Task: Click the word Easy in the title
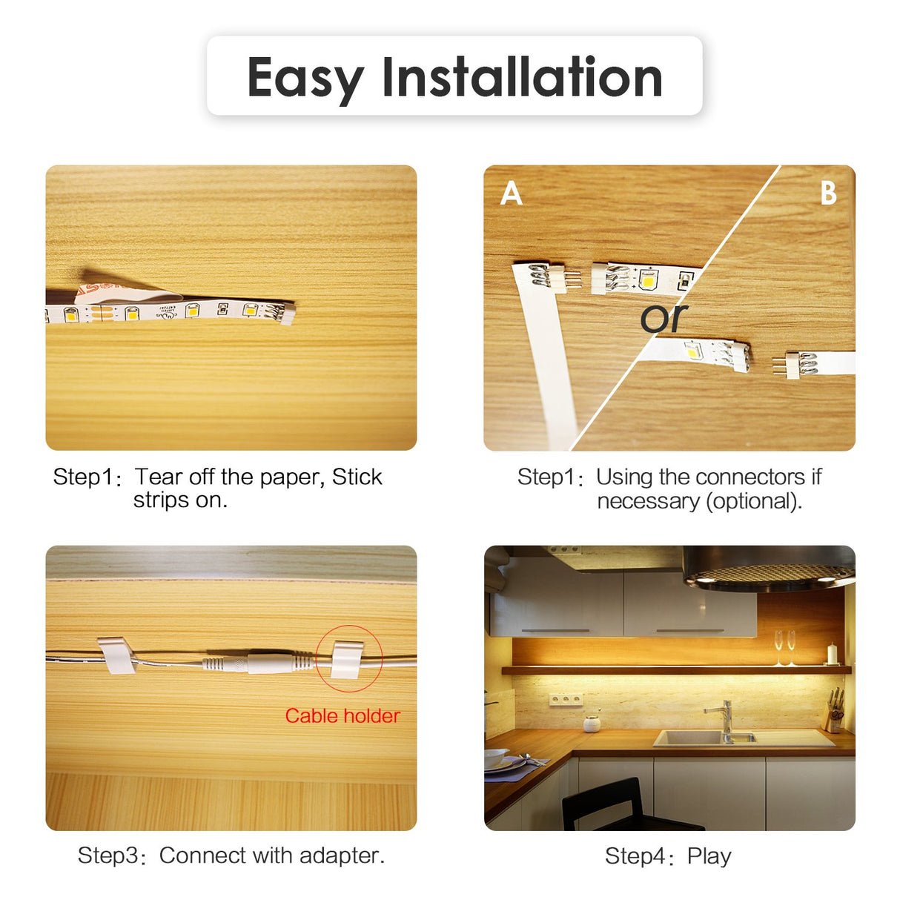[x=305, y=78]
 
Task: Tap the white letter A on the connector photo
[x=512, y=194]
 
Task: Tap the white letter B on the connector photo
[x=828, y=194]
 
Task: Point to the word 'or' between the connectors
[x=664, y=318]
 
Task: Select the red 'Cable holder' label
[x=343, y=715]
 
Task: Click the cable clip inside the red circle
[x=348, y=659]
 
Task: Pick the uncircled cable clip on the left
[x=116, y=655]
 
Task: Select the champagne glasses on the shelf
[x=785, y=646]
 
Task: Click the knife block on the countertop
[x=833, y=713]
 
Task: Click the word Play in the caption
[x=709, y=856]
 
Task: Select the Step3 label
[x=107, y=856]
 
